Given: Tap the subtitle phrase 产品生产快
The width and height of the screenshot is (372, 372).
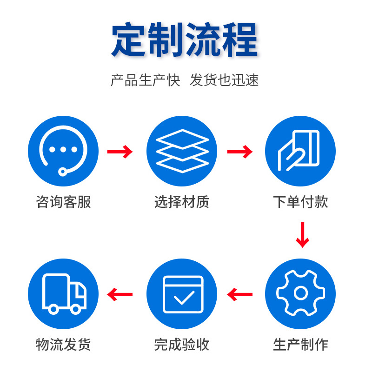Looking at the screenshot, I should pyautogui.click(x=145, y=80).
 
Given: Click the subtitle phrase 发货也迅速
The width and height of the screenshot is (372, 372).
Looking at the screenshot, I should pyautogui.click(x=224, y=80).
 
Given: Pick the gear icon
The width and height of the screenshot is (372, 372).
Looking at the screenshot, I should pyautogui.click(x=300, y=293).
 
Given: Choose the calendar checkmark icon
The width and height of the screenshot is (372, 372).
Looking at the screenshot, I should pyautogui.click(x=182, y=293).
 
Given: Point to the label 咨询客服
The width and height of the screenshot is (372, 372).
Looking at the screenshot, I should pyautogui.click(x=63, y=202).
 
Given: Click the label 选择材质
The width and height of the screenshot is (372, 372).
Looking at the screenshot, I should pyautogui.click(x=182, y=202).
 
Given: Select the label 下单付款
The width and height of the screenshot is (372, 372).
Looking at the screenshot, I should pyautogui.click(x=300, y=202).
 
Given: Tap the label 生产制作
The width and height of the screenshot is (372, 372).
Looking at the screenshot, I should pyautogui.click(x=300, y=345).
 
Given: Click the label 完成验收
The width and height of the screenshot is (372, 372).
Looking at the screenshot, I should pyautogui.click(x=182, y=345).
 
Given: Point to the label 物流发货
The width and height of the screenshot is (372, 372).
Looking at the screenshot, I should pyautogui.click(x=63, y=345).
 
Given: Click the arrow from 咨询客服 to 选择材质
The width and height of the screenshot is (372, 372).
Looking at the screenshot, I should pyautogui.click(x=120, y=152).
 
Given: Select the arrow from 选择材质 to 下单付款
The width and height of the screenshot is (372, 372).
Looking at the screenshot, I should pyautogui.click(x=239, y=152).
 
